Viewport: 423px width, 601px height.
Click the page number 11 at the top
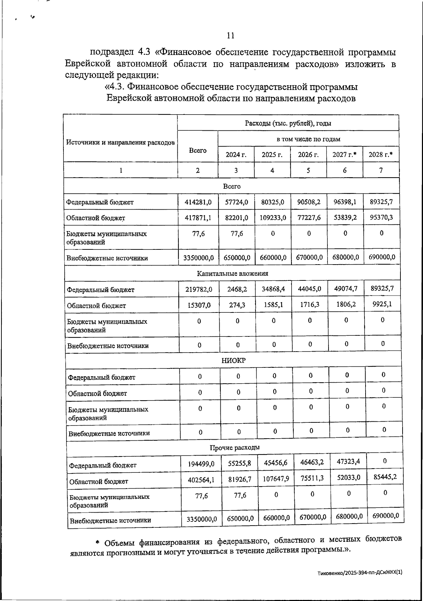click(231, 36)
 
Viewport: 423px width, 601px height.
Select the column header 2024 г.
click(236, 155)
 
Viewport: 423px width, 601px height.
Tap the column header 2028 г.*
click(381, 154)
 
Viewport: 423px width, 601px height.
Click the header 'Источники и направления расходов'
click(120, 143)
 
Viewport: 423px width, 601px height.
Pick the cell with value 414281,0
click(198, 202)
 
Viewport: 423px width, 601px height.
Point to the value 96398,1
click(345, 202)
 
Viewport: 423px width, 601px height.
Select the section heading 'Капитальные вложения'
click(232, 273)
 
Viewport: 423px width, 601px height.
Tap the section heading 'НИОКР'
click(233, 360)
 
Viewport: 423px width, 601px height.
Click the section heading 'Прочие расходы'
click(235, 448)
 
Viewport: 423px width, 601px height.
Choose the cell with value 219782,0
click(199, 290)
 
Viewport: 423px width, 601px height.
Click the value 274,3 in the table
click(237, 305)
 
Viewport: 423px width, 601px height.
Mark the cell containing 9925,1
click(382, 304)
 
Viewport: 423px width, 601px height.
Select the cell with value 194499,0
click(201, 464)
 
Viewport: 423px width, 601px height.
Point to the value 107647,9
click(276, 479)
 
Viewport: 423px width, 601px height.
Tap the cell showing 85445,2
click(385, 477)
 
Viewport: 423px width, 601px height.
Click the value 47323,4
click(348, 461)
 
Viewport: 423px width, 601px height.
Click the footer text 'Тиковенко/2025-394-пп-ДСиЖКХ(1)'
click(360, 573)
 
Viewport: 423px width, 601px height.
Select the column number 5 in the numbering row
click(308, 170)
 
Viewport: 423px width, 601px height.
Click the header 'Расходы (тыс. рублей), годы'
click(288, 123)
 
